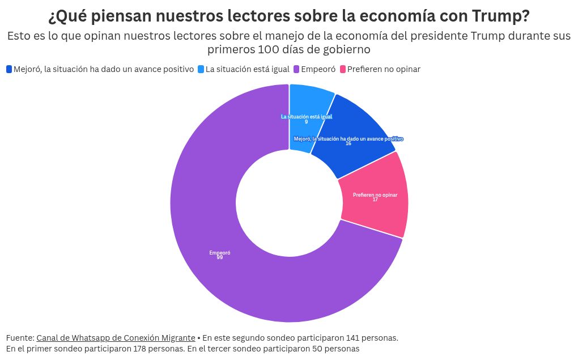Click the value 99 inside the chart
(219, 258)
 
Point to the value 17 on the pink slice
(375, 200)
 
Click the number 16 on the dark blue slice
(348, 143)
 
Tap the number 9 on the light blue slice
(306, 122)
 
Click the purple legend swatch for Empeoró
(296, 69)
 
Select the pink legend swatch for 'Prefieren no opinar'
(342, 69)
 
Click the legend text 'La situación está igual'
(248, 69)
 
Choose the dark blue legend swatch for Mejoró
(9, 69)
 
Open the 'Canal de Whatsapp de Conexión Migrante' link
(116, 338)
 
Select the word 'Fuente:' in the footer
(20, 338)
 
